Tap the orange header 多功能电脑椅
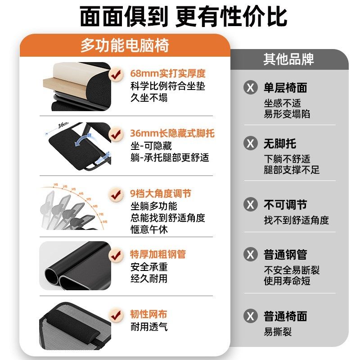click(x=125, y=45)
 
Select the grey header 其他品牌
click(x=288, y=59)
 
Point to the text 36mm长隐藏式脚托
click(x=172, y=134)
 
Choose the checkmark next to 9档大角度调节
click(x=116, y=194)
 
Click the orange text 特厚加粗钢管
click(x=158, y=254)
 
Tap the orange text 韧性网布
click(x=148, y=314)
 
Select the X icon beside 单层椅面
click(x=251, y=87)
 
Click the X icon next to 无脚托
click(x=251, y=144)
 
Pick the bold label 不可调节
click(x=285, y=205)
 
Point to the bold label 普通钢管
click(x=285, y=255)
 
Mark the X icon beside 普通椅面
click(x=251, y=316)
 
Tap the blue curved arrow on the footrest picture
click(x=83, y=143)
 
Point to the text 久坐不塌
click(x=149, y=97)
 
